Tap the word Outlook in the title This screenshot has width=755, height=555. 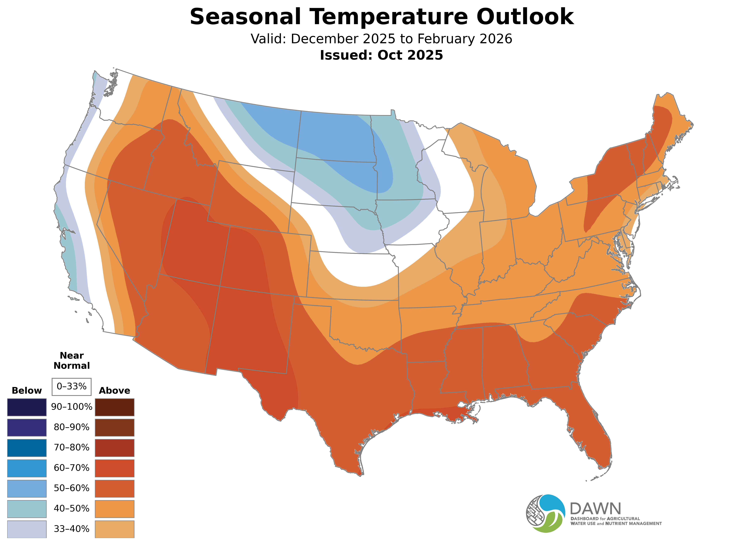525,17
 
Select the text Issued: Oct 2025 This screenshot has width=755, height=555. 381,55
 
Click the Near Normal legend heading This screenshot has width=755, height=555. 71,360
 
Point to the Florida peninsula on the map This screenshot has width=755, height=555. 591,433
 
